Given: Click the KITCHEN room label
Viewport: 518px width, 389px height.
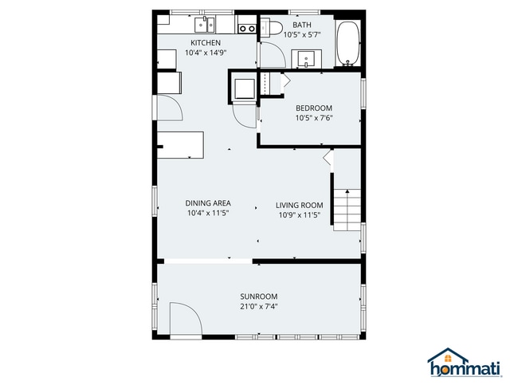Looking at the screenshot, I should tap(205, 42).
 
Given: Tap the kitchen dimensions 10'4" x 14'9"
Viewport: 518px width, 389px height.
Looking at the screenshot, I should tap(205, 53).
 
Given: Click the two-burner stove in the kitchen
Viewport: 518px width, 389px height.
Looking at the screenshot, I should tap(247, 28).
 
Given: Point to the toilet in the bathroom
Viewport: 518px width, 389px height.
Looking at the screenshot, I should tap(273, 29).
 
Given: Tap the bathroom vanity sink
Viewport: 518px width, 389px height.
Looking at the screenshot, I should tap(307, 58).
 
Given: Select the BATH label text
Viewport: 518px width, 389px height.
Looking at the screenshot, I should tap(302, 25).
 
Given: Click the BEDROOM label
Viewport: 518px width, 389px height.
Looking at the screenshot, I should tap(313, 108).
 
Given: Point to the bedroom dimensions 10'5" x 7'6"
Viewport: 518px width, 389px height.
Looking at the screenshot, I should tap(313, 118).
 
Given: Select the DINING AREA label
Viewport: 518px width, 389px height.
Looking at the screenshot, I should tap(208, 203).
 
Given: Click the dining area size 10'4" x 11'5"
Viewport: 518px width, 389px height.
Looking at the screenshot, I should tap(208, 214).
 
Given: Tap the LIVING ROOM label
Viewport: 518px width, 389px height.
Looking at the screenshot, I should tap(299, 204).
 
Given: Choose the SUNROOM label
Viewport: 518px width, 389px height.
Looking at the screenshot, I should tap(259, 297).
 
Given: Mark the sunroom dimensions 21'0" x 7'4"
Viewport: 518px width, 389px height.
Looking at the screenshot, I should tap(259, 306).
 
